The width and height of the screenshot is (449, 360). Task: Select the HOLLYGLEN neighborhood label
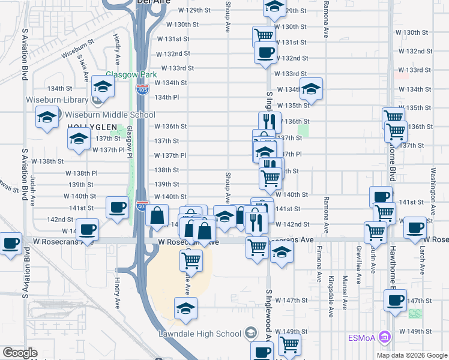89,127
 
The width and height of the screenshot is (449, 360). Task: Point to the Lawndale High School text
203,333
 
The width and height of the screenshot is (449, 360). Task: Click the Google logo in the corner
20,353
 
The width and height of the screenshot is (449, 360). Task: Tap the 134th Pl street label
167,97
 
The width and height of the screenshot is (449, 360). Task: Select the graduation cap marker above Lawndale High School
186,309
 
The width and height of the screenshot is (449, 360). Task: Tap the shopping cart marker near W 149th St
289,344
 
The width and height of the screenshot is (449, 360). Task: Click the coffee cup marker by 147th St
395,300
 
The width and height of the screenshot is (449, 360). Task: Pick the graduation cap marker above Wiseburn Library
103,88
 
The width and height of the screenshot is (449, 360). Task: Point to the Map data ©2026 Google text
412,355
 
